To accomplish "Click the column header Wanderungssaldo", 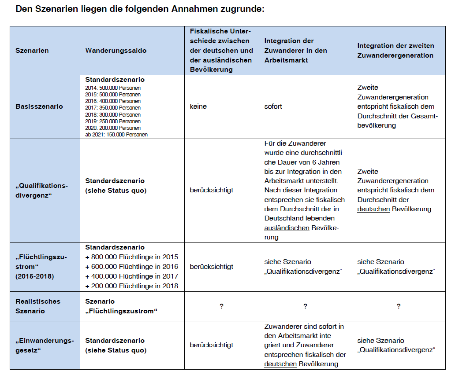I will pos(116,51).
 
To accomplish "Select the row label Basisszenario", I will pos(39,107).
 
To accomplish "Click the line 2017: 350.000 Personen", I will pos(113,108).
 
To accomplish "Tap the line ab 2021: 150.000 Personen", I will pos(116,135).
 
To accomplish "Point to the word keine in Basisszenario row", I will pos(198,107).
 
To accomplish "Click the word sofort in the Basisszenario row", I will pos(273,107).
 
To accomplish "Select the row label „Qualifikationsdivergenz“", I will pos(42,190).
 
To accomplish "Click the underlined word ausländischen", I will pos(287,228).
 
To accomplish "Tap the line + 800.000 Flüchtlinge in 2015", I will pos(132,257).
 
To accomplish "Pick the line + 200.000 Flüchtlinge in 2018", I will pos(132,286).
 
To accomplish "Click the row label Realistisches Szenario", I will pos(38,306).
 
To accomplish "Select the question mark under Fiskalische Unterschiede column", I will pos(221,306).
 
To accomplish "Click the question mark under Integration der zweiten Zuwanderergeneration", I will pos(399,306).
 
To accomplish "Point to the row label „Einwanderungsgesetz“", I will pos(45,345).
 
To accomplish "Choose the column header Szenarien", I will pos(32,51).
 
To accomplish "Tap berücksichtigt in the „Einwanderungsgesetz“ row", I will pos(212,345).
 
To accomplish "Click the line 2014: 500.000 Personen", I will pos(113,88).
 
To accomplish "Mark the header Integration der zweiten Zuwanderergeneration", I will pos(395,51).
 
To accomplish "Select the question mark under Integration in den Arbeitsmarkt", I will pos(305,306).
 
